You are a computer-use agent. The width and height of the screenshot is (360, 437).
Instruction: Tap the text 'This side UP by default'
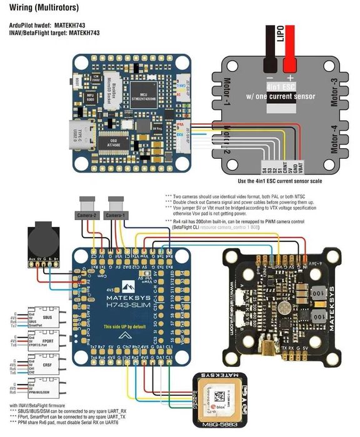pyautogui.click(x=128, y=310)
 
